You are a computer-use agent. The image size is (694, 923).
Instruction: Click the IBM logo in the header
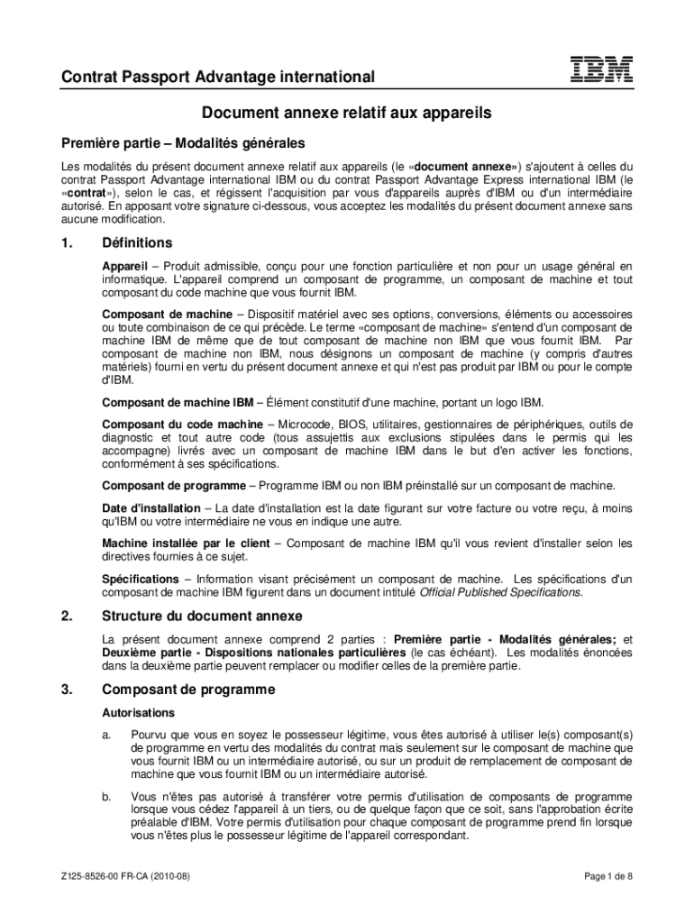(601, 69)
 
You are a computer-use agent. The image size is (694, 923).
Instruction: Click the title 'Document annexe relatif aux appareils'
(346, 114)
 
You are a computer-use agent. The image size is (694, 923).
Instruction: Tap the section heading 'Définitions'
(137, 243)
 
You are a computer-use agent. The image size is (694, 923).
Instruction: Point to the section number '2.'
(67, 617)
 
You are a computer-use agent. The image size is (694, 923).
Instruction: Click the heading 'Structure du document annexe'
(202, 617)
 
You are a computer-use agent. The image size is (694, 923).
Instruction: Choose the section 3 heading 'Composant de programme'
(187, 690)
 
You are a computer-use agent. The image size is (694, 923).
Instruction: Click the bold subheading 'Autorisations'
(132, 712)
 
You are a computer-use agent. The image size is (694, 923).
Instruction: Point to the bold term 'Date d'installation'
(151, 509)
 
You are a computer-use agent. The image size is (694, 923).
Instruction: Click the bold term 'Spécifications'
(141, 579)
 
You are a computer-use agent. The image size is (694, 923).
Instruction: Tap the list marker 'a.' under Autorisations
(106, 736)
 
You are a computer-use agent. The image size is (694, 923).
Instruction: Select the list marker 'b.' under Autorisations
(106, 797)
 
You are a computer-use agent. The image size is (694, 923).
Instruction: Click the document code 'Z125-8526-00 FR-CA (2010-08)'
(125, 877)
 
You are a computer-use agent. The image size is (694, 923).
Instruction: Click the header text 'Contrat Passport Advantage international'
(218, 78)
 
